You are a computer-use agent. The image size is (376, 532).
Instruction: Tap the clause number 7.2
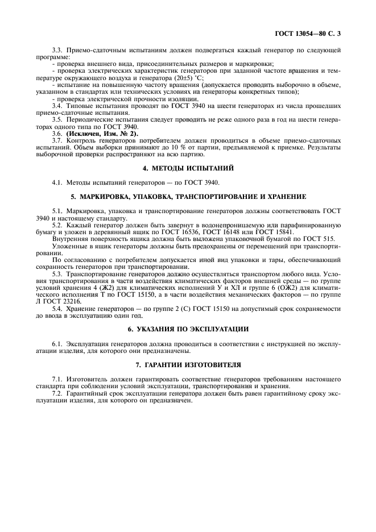click(57, 393)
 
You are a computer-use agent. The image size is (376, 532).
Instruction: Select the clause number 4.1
click(57, 182)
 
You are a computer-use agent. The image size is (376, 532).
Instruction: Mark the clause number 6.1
click(57, 344)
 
